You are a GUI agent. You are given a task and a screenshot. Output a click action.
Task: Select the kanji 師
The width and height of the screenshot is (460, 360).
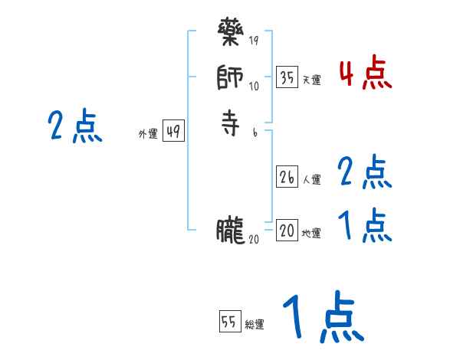pyautogui.click(x=230, y=77)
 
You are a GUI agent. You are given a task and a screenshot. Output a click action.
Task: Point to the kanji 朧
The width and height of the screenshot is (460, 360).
pyautogui.click(x=230, y=229)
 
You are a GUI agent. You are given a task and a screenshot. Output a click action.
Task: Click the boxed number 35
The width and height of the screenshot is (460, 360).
pyautogui.click(x=287, y=77)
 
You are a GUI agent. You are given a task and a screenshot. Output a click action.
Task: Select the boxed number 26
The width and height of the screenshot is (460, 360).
pyautogui.click(x=287, y=177)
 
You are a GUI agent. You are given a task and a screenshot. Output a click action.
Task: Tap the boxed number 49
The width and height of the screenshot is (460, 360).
pyautogui.click(x=173, y=132)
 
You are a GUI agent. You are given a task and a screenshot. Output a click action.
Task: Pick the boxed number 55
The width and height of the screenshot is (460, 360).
pyautogui.click(x=229, y=322)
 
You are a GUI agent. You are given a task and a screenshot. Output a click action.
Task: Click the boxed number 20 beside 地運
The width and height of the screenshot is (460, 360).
pyautogui.click(x=287, y=231)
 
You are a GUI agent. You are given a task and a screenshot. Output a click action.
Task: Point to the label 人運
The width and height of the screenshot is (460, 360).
pyautogui.click(x=311, y=181)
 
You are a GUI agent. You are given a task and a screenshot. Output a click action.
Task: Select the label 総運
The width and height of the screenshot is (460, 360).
pyautogui.click(x=255, y=325)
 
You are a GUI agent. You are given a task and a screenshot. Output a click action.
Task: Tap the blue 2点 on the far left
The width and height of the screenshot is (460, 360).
pyautogui.click(x=75, y=126)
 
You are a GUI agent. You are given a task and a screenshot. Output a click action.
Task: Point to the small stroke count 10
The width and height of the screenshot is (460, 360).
pyautogui.click(x=254, y=87)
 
